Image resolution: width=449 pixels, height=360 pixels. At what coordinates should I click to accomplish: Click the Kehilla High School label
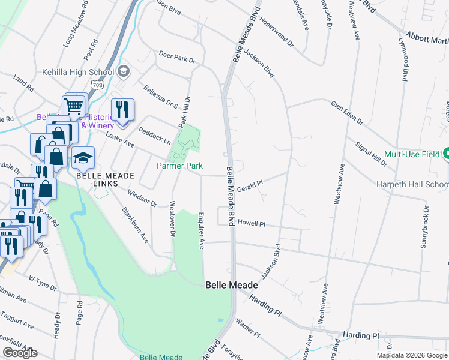77,73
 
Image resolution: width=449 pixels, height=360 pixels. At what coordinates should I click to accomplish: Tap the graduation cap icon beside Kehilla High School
124,72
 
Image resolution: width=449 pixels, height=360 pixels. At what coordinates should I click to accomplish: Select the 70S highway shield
98,86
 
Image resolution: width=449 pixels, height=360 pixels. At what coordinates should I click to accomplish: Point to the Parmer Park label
179,166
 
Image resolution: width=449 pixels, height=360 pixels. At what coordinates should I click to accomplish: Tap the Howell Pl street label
251,223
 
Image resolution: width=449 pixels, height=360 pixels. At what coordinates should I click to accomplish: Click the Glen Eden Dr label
347,112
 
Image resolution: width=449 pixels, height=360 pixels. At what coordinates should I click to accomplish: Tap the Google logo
20,352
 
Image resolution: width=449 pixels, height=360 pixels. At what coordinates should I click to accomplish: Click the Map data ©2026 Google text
411,355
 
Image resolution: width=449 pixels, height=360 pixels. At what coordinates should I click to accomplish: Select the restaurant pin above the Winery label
122,110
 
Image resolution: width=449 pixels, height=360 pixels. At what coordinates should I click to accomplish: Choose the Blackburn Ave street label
135,225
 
